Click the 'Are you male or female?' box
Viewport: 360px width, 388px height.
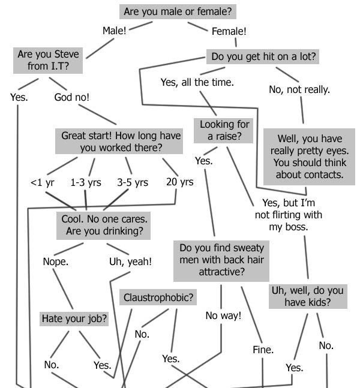point(178,11)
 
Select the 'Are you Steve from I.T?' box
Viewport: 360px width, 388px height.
point(48,60)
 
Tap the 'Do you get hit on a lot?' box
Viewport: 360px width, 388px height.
point(263,57)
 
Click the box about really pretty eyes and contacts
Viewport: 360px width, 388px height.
point(308,156)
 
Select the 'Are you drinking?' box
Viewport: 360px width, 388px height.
point(104,225)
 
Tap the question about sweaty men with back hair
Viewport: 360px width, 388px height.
point(221,260)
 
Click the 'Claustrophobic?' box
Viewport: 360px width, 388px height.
point(158,297)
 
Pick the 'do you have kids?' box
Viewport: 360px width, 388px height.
point(307,296)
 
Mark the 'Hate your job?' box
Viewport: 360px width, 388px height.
point(74,318)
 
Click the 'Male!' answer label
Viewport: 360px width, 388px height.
point(114,31)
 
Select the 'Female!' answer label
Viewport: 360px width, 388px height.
point(229,31)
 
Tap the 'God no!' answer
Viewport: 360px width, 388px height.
point(71,97)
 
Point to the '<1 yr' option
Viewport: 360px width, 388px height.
point(43,182)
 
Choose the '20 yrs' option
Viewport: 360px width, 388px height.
point(179,181)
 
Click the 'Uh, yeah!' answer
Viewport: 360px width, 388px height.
point(130,261)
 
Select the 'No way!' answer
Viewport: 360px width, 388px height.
point(223,315)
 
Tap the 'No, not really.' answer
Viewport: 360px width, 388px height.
point(299,89)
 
